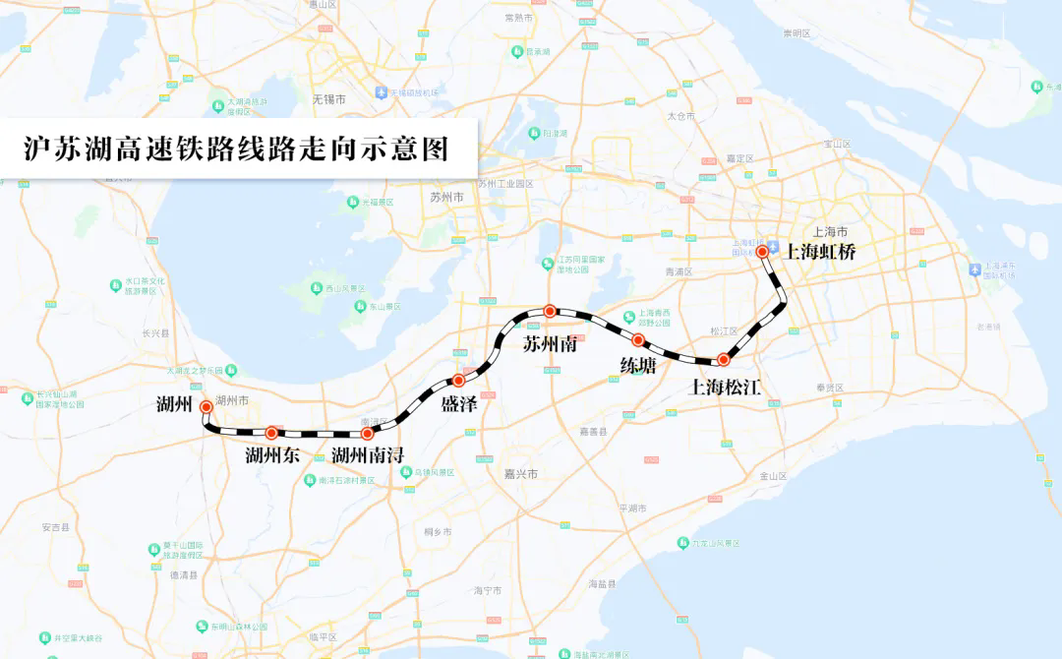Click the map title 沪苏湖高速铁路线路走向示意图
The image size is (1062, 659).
[236, 149]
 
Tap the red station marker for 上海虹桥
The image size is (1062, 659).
[762, 252]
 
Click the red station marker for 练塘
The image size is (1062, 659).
[638, 340]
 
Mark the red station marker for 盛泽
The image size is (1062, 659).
[458, 380]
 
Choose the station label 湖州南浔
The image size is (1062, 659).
[367, 455]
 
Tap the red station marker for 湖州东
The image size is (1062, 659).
[271, 433]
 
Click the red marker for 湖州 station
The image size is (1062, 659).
[206, 406]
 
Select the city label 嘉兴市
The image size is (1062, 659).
[520, 474]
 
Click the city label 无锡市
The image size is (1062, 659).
[328, 100]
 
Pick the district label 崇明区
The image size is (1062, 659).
[796, 33]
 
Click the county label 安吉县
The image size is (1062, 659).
[56, 528]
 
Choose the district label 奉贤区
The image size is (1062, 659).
[830, 388]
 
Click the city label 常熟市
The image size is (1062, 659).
[518, 18]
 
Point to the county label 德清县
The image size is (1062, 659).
[183, 574]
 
